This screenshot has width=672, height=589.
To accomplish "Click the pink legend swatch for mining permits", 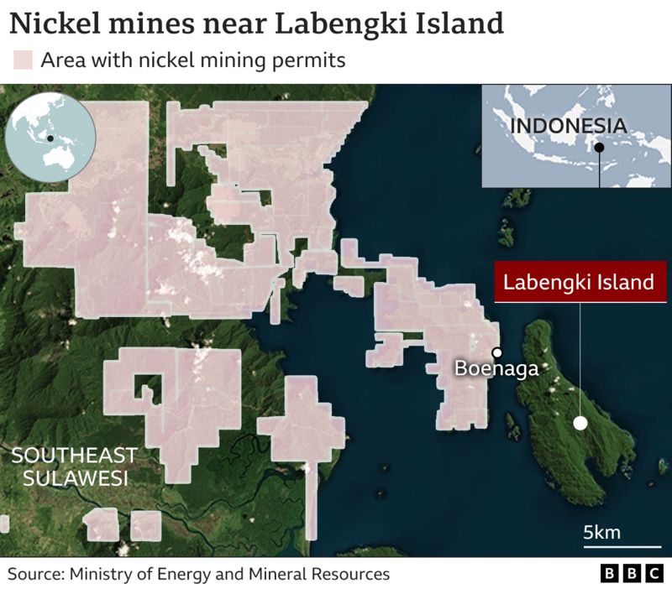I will pyautogui.click(x=23, y=60).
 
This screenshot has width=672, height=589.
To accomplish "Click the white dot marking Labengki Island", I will pyautogui.click(x=580, y=423).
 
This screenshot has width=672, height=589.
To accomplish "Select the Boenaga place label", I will pyautogui.click(x=496, y=368).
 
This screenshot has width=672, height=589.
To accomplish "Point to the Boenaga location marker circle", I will pyautogui.click(x=497, y=352).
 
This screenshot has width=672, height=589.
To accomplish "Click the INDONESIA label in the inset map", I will pyautogui.click(x=569, y=127).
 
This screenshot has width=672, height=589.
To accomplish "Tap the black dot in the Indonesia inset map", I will pyautogui.click(x=599, y=149).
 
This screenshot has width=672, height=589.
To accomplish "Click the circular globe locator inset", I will pyautogui.click(x=50, y=138).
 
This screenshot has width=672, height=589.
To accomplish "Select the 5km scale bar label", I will pyautogui.click(x=601, y=532).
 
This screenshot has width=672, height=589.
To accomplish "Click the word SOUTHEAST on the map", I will pyautogui.click(x=74, y=456).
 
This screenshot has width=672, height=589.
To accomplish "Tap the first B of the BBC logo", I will pyautogui.click(x=610, y=574).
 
